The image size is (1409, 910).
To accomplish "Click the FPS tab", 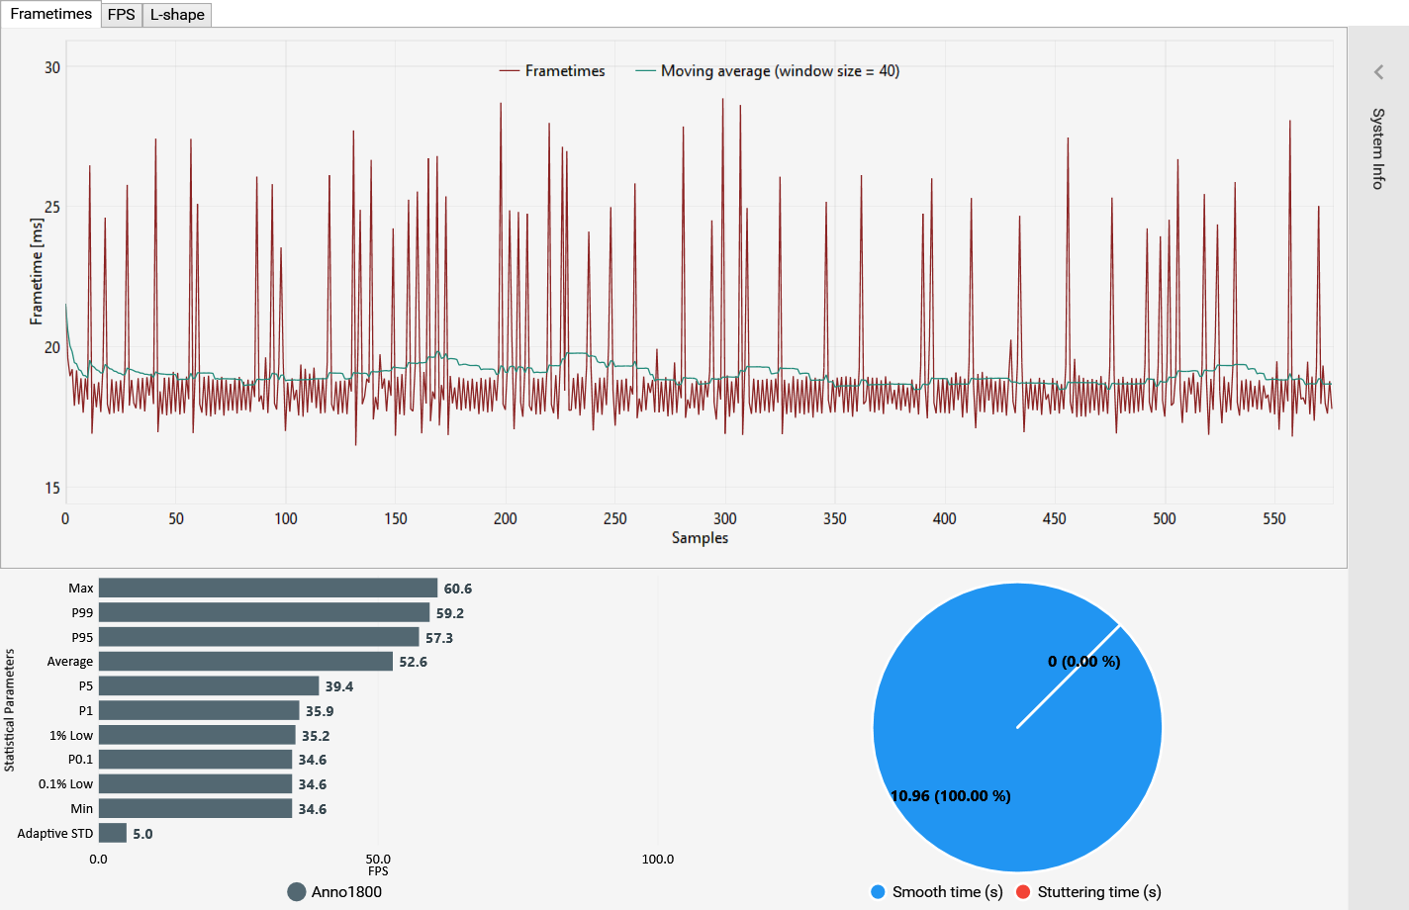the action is [122, 15].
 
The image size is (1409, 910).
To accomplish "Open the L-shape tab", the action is [177, 15].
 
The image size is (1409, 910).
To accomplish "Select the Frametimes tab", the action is [50, 14].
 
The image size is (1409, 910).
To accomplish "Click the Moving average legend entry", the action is [768, 71].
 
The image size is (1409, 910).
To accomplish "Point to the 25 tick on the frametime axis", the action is [52, 207].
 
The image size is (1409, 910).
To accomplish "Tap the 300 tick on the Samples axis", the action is [724, 519].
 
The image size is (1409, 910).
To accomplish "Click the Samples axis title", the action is [700, 538].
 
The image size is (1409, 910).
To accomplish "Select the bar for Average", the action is [245, 661].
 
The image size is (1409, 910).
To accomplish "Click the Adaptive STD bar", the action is [113, 833].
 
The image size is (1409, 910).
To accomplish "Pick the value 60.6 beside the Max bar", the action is [457, 589].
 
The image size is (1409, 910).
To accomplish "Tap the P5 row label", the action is [85, 686].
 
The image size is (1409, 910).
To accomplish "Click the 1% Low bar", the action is [197, 735].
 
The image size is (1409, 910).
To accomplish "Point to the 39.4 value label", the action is [339, 686].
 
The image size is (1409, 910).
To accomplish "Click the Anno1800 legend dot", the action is [296, 892].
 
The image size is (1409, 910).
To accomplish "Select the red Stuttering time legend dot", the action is [1023, 892].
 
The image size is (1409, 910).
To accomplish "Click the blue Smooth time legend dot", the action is [878, 892].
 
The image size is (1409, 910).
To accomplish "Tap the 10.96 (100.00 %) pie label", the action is [951, 796].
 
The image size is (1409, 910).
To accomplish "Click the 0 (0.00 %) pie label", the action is [1083, 662].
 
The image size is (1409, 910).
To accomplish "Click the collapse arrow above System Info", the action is [1378, 72].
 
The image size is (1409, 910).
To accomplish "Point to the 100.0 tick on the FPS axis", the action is [657, 860].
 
